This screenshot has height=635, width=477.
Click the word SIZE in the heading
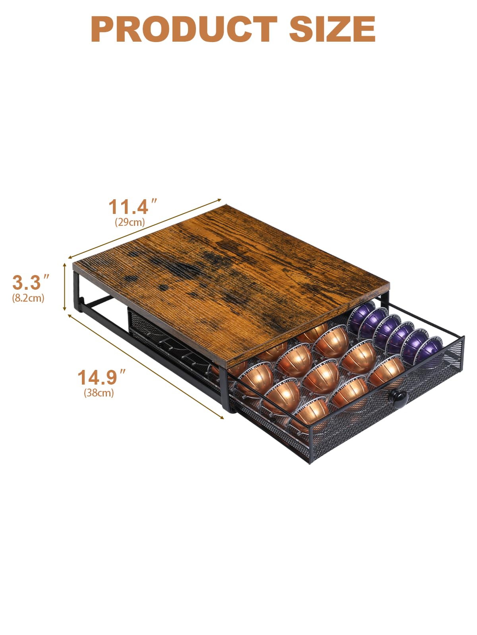332,29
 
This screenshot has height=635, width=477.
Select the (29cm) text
130,222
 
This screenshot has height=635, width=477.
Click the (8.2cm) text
28,298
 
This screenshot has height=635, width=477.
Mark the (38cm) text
99,393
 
